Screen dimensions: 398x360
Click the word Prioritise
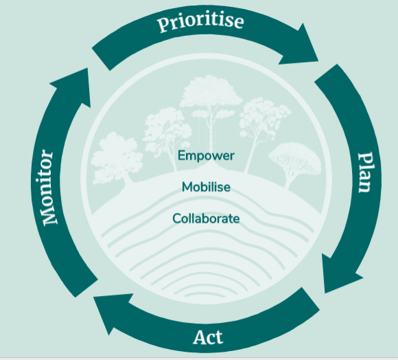[200, 23]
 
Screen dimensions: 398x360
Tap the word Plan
[366, 172]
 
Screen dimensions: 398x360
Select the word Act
[208, 337]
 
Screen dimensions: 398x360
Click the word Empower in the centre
[206, 155]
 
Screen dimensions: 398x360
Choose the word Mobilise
[206, 187]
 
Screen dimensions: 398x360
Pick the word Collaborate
[206, 218]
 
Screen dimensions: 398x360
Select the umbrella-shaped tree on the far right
[294, 163]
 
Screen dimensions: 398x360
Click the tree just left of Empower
[167, 135]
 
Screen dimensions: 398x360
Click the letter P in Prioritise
[164, 25]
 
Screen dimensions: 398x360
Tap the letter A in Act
[200, 337]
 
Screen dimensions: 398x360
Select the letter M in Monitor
[48, 216]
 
